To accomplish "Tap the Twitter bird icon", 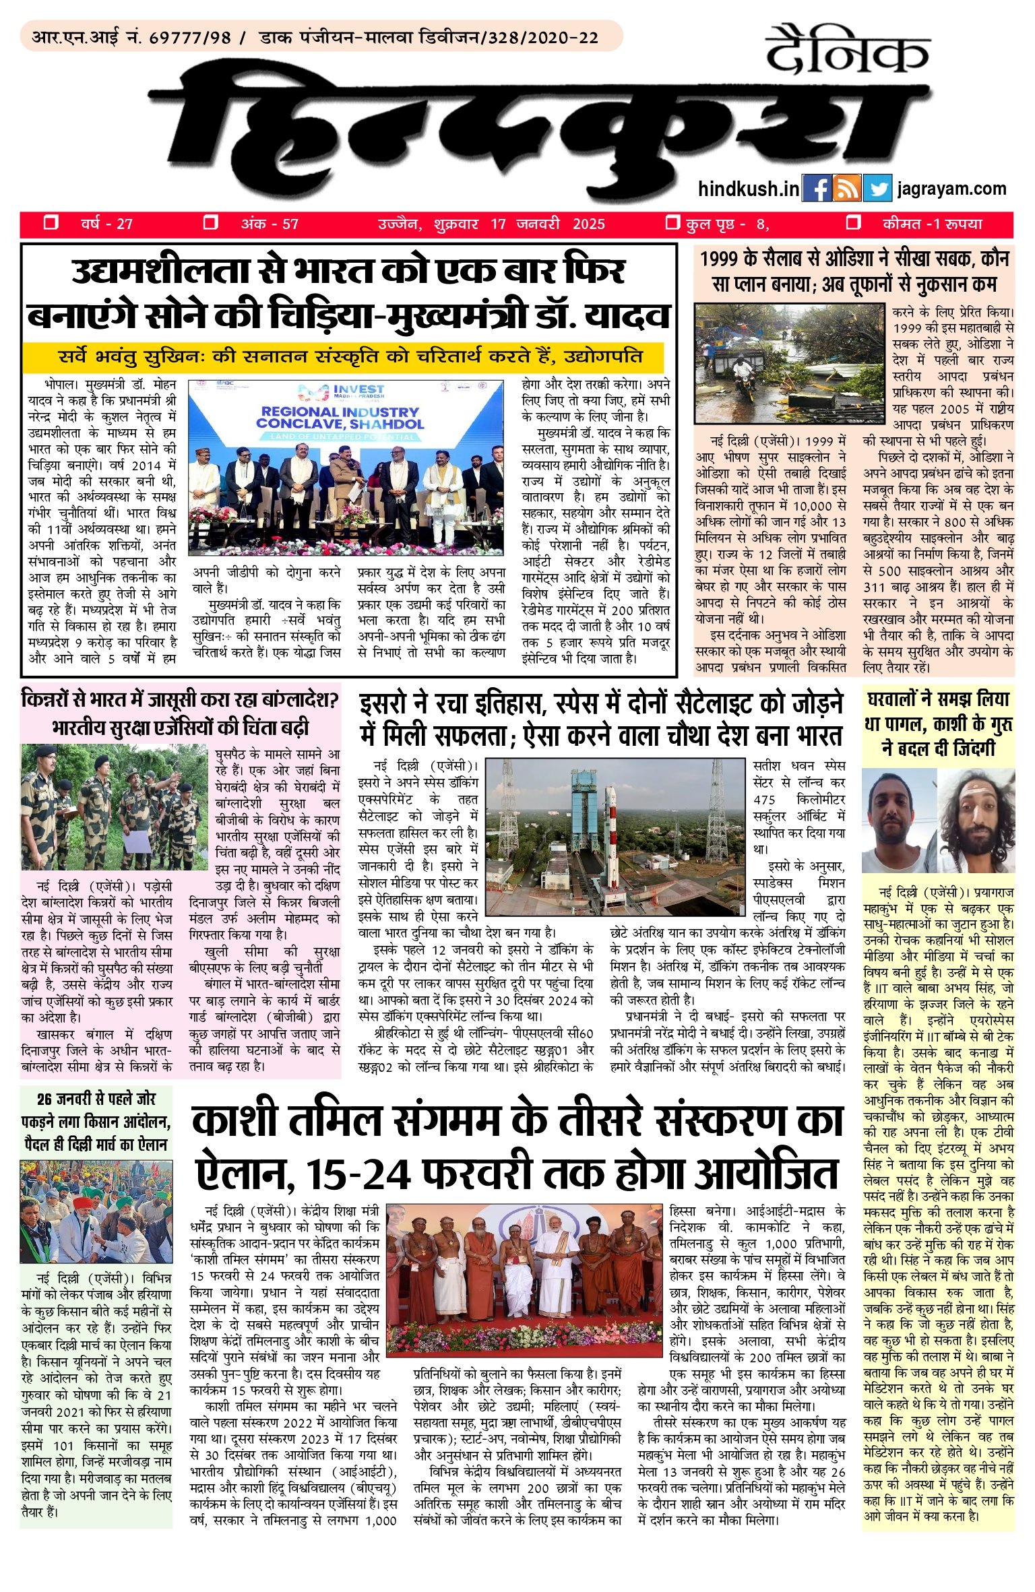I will pyautogui.click(x=877, y=189).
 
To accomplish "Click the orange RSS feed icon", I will pyautogui.click(x=847, y=189).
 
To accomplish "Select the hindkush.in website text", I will pyautogui.click(x=748, y=189).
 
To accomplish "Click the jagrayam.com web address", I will pyautogui.click(x=951, y=189).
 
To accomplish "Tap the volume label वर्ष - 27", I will pyautogui.click(x=106, y=224).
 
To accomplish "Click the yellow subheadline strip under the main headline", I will pyautogui.click(x=342, y=357).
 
